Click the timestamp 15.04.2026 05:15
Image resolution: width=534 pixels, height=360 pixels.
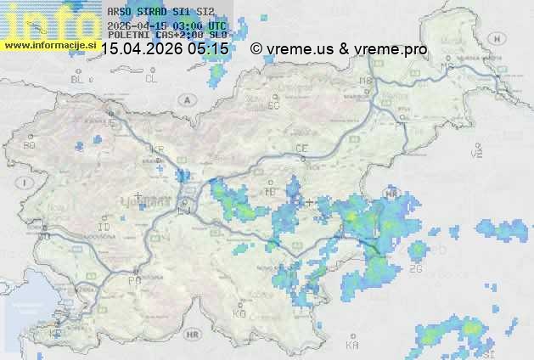165,49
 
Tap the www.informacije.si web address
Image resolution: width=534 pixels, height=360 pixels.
48,44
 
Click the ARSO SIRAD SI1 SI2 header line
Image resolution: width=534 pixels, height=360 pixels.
160,13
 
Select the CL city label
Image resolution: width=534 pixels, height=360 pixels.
151,79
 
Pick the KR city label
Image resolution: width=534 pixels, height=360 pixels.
156,149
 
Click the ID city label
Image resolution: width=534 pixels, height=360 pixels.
104,228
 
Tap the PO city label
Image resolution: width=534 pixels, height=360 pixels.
133,280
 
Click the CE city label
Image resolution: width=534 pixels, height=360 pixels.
301,148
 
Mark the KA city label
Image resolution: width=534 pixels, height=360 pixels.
352,346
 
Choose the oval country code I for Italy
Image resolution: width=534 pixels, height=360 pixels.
26,183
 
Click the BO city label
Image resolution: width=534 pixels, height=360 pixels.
30,145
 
